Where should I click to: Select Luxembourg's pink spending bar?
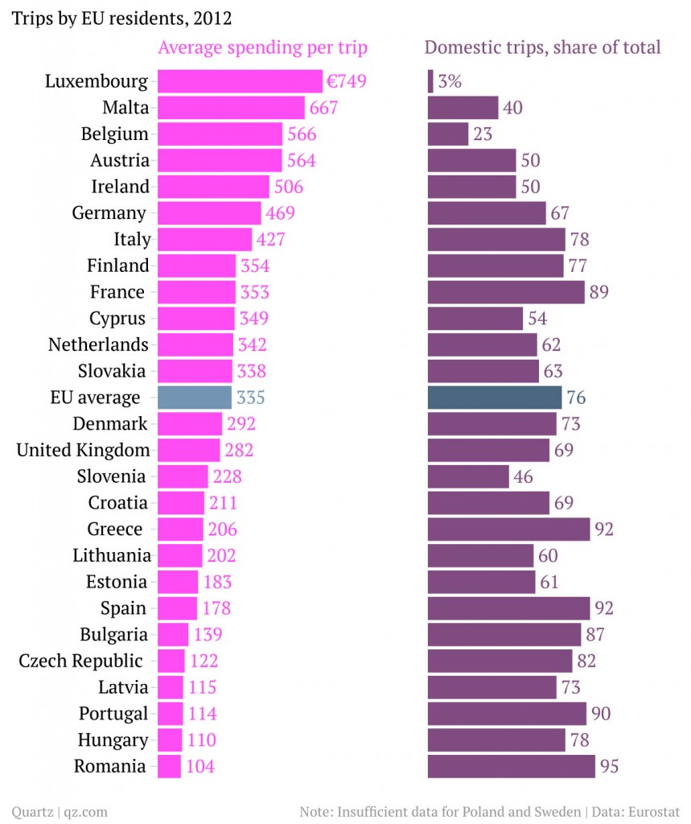[x=240, y=81]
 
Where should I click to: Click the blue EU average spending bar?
[x=195, y=398]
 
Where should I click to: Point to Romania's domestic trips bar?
[x=511, y=766]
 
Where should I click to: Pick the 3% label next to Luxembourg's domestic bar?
[x=450, y=81]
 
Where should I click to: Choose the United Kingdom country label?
[x=83, y=450]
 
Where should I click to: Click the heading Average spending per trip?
[x=262, y=47]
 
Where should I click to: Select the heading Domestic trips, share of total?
[x=542, y=47]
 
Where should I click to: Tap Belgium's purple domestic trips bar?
[x=448, y=134]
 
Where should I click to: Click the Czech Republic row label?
[x=80, y=661]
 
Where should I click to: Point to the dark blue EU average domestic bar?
[x=495, y=398]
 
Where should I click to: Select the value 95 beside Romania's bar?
[x=609, y=766]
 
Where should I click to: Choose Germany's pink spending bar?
[x=209, y=213]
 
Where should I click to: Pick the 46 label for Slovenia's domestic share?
[x=523, y=476]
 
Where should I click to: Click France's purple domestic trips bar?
[x=506, y=292]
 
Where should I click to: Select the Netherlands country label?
[x=98, y=344]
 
